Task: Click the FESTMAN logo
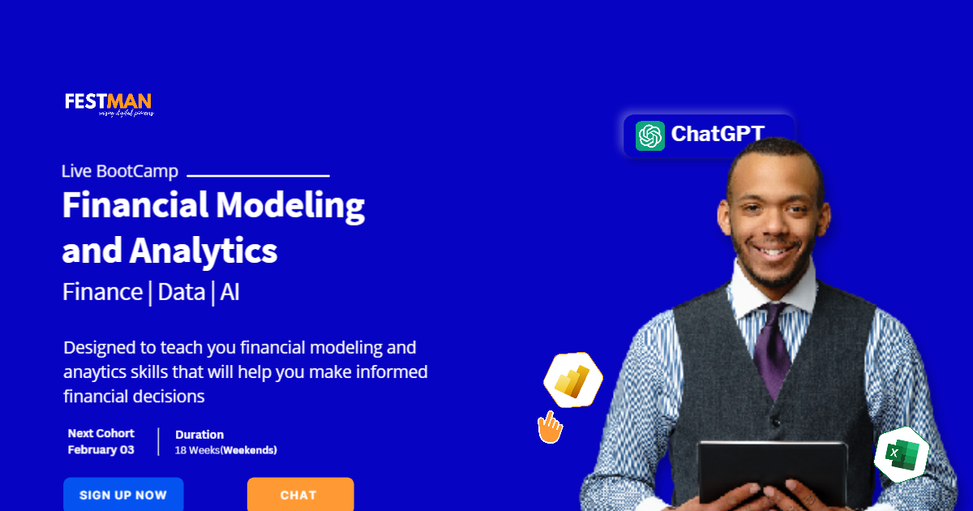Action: (108, 103)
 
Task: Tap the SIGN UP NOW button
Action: (123, 495)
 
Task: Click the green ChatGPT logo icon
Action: (650, 135)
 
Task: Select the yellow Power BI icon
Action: (574, 380)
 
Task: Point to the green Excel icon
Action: (901, 453)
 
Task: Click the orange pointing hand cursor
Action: (551, 427)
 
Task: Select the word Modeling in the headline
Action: (289, 206)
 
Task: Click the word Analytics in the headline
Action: (204, 251)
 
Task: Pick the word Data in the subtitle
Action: (182, 292)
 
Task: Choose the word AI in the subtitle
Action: (229, 292)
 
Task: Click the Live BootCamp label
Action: (119, 171)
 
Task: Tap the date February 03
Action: (101, 449)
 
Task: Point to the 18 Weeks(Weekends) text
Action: (226, 450)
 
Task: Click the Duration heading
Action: (199, 435)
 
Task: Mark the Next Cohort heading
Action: (101, 433)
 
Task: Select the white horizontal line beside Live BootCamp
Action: (258, 175)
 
